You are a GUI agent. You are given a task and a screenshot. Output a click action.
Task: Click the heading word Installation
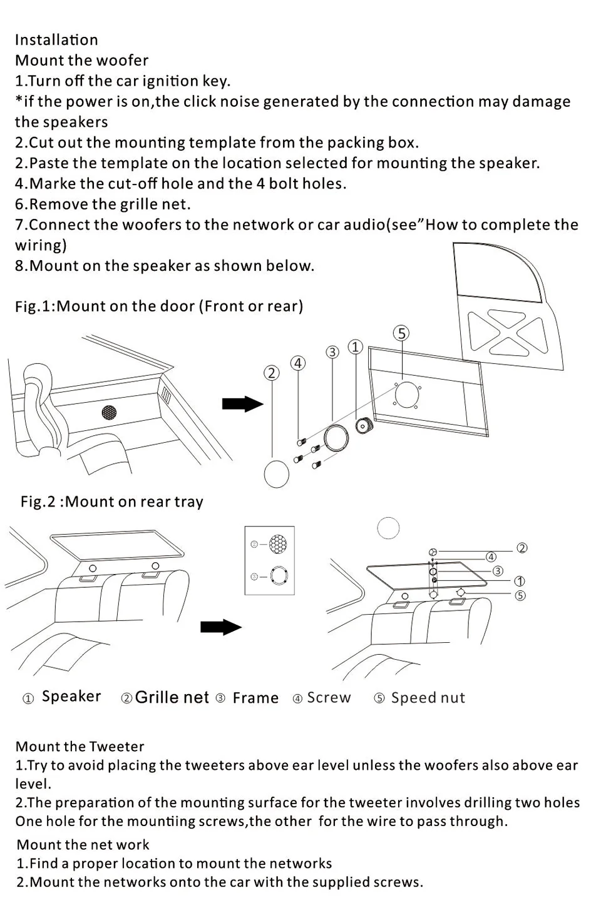pos(56,40)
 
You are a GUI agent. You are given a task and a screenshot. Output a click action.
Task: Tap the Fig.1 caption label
pos(159,306)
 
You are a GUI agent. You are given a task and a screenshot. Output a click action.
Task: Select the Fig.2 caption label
pos(111,502)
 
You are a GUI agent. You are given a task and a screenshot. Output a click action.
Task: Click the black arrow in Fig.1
pos(243,404)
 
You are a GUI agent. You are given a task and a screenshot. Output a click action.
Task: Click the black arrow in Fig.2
pos(221,627)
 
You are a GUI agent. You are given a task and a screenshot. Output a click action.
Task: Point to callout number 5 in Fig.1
pos(401,333)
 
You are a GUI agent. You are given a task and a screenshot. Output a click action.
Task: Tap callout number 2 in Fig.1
pos(271,373)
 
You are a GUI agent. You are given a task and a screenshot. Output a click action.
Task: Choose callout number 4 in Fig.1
pos(298,363)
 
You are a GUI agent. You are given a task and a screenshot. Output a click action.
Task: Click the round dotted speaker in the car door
pos(109,413)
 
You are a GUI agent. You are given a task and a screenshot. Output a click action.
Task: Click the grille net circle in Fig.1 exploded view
pos(276,473)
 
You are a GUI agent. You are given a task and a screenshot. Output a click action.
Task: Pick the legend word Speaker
pos(71,697)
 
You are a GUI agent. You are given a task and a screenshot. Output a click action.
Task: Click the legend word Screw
pos(329,698)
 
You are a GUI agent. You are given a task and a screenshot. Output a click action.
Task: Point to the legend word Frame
pos(255,698)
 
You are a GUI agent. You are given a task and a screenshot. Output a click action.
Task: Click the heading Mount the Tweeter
pos(80,747)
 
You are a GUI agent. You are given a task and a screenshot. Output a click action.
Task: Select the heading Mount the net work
pos(83,845)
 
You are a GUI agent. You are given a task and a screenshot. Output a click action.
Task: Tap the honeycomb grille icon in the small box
pos(277,544)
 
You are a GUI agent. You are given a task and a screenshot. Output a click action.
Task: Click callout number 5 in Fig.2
pos(520,595)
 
